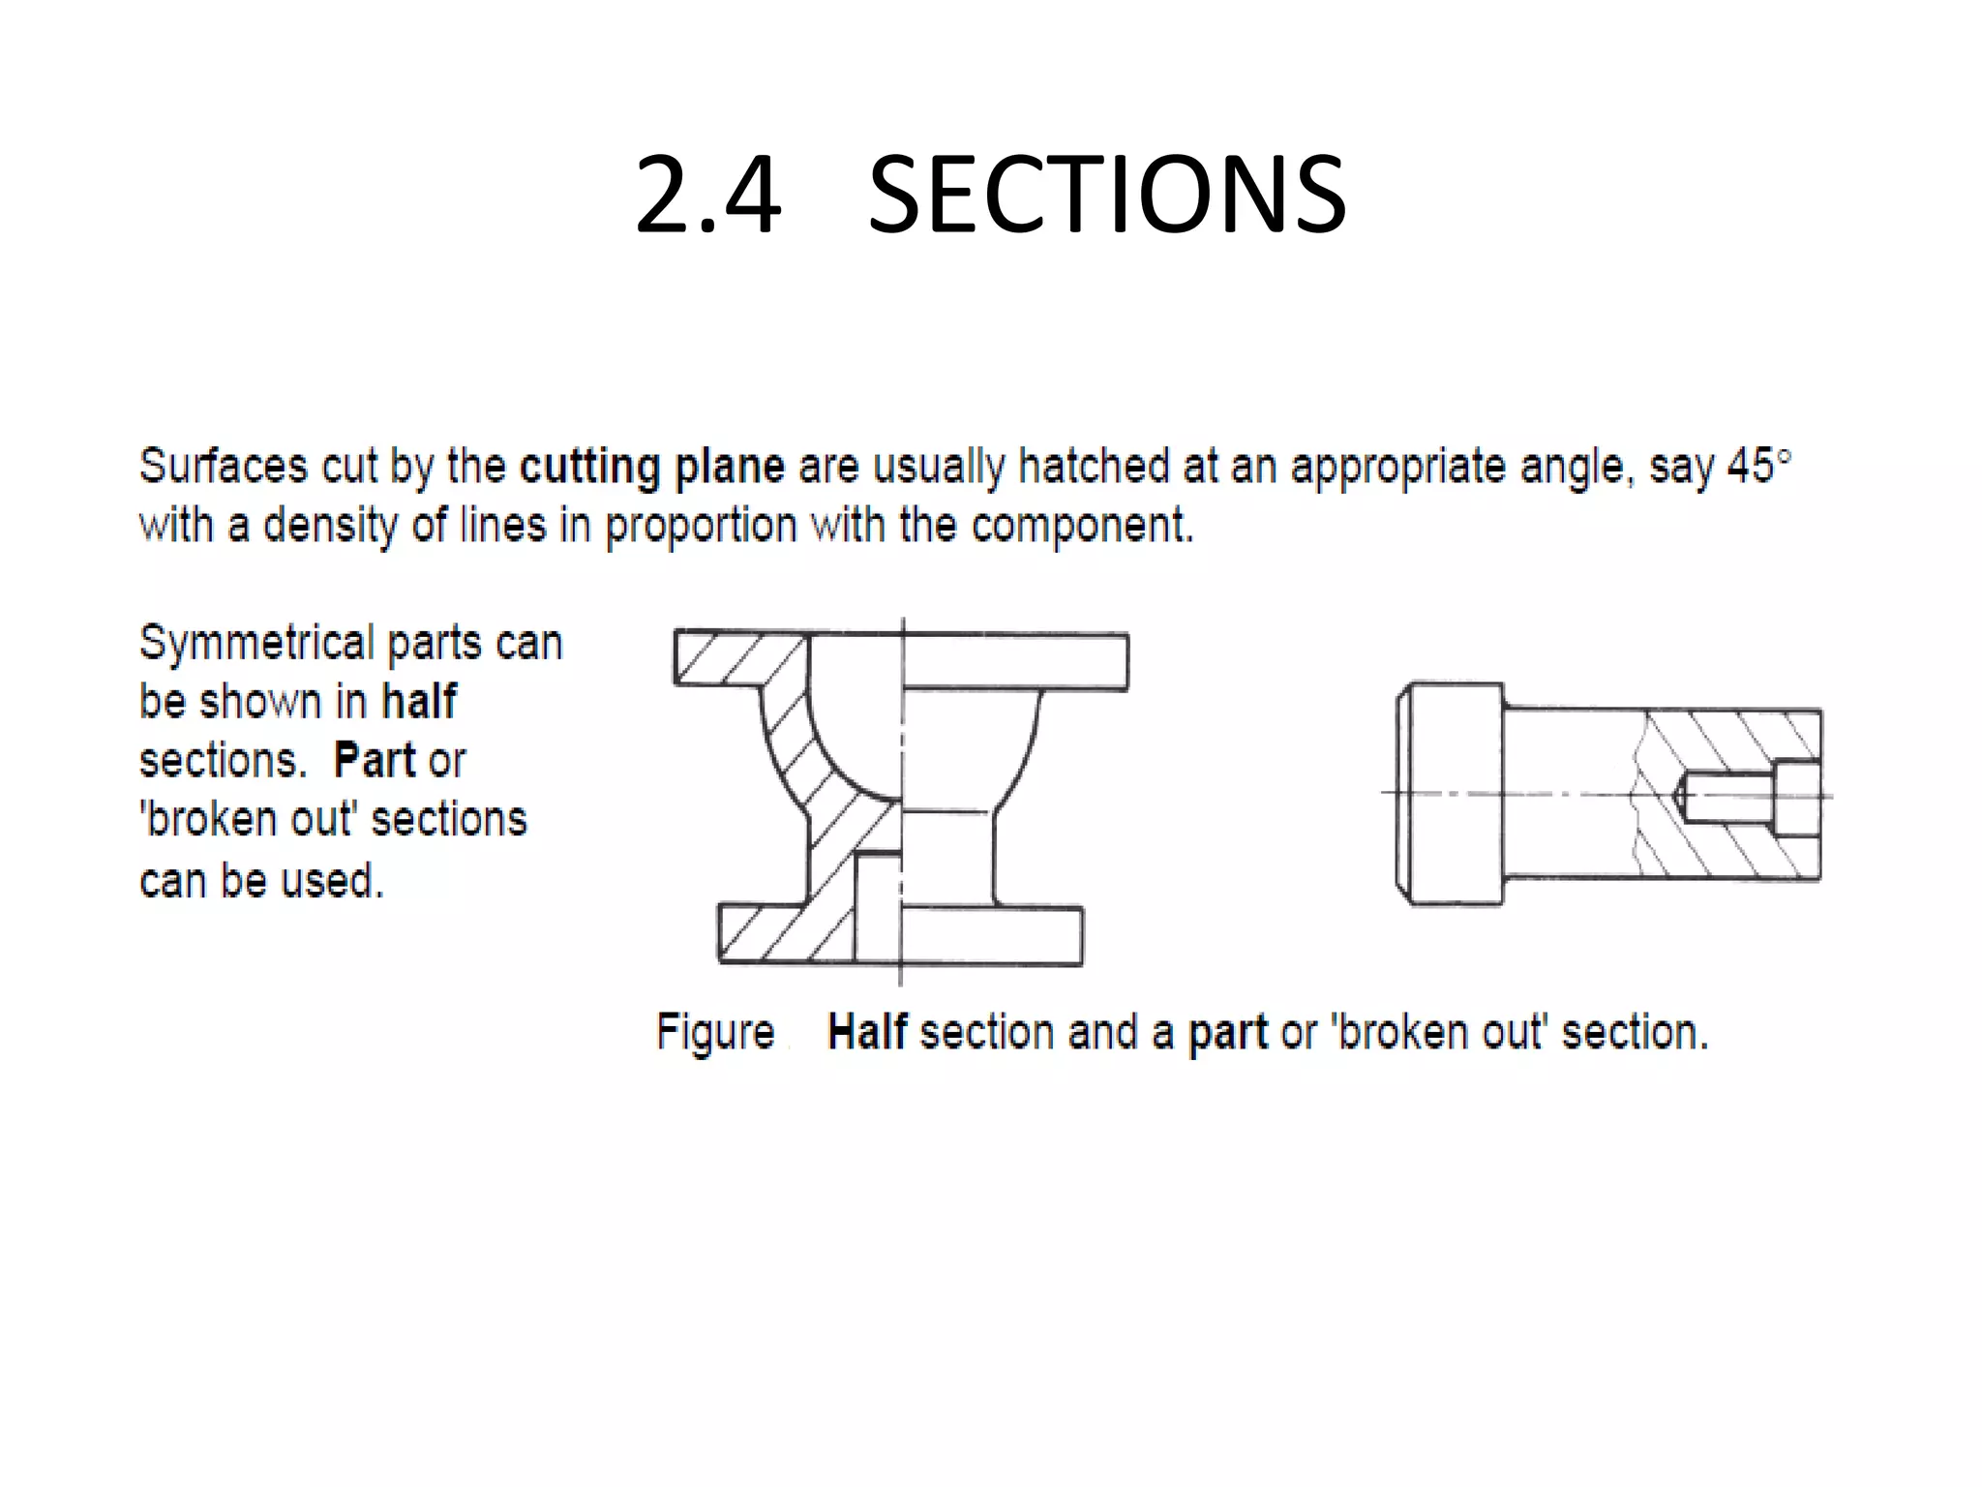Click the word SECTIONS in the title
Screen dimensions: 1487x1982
tap(1106, 197)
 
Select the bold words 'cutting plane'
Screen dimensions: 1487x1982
tap(651, 467)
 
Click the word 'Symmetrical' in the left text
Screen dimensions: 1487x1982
tap(256, 643)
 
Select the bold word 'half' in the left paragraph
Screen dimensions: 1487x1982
tap(418, 702)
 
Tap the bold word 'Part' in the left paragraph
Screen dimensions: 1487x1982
tap(374, 761)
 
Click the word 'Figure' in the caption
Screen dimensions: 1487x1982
tap(715, 1032)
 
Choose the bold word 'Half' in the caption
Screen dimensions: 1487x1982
tap(866, 1032)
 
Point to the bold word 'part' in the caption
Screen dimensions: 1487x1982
tap(1227, 1032)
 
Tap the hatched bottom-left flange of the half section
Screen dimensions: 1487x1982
tap(765, 934)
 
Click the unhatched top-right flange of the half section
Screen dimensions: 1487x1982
tap(1016, 661)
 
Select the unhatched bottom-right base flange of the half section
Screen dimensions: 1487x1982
tap(992, 935)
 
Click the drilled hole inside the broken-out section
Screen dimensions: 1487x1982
tap(1727, 797)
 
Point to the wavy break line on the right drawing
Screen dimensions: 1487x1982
tap(1638, 794)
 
